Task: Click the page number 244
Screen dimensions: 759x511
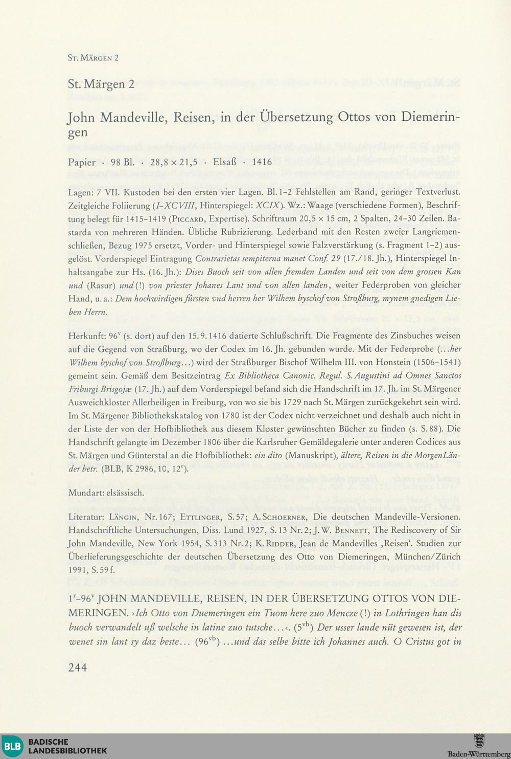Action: coord(78,667)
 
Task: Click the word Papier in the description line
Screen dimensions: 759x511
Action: coord(82,162)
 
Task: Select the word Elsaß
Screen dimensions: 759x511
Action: coord(224,162)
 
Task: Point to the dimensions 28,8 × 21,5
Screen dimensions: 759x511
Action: coord(174,162)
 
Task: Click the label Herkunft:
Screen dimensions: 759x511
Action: coord(85,336)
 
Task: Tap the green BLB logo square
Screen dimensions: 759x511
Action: coord(12,746)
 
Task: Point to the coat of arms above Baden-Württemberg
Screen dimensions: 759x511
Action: coord(479,741)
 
